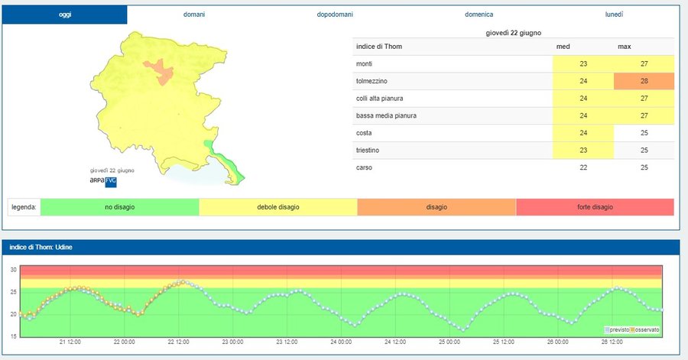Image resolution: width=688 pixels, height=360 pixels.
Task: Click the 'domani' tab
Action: pos(194,15)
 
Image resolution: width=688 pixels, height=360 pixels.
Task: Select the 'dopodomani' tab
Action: pos(335,15)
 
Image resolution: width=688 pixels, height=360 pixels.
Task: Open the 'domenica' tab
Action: pos(479,15)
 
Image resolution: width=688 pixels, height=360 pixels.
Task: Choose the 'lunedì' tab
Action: pos(614,15)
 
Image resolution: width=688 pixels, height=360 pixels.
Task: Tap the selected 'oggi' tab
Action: pos(64,15)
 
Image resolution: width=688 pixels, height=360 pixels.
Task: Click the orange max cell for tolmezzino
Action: pos(644,82)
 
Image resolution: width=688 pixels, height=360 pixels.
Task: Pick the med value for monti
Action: pos(583,64)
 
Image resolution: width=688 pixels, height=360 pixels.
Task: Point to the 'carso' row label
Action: pos(365,167)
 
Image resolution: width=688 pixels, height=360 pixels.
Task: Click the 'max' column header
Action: pos(625,47)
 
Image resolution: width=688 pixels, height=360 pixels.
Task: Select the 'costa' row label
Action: pos(365,133)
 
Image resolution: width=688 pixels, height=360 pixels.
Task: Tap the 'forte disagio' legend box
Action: pos(595,207)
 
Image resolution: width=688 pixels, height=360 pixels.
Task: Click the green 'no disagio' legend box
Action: pos(119,207)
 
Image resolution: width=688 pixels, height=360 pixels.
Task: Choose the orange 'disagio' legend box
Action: pos(436,207)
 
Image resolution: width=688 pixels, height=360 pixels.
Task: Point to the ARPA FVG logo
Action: pos(103,180)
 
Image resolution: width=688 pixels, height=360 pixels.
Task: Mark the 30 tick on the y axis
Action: pos(13,270)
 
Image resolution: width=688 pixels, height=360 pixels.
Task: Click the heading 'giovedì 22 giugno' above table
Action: pos(514,34)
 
